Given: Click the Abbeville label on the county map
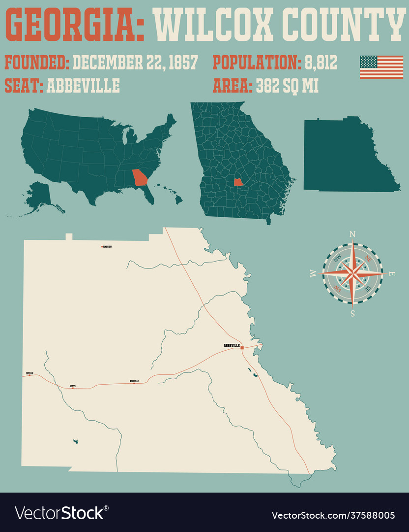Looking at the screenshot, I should click(231, 346).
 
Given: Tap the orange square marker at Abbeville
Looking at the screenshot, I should click(242, 347).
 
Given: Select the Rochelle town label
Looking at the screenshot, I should click(134, 381).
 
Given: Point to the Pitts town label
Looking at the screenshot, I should click(73, 386).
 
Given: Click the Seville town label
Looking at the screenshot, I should click(29, 373).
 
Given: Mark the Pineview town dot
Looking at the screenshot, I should click(102, 246).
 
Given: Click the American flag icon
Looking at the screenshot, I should click(381, 67).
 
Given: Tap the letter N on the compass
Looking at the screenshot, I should click(352, 234).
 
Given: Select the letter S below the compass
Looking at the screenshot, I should click(352, 312).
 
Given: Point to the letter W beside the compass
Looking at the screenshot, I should click(313, 274).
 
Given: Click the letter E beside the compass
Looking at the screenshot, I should click(392, 274).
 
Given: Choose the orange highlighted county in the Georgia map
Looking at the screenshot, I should click(238, 182).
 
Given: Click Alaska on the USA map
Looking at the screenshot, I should click(38, 195).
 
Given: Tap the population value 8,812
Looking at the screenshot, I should click(320, 63).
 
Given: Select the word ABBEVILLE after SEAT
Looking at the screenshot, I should click(83, 86).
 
